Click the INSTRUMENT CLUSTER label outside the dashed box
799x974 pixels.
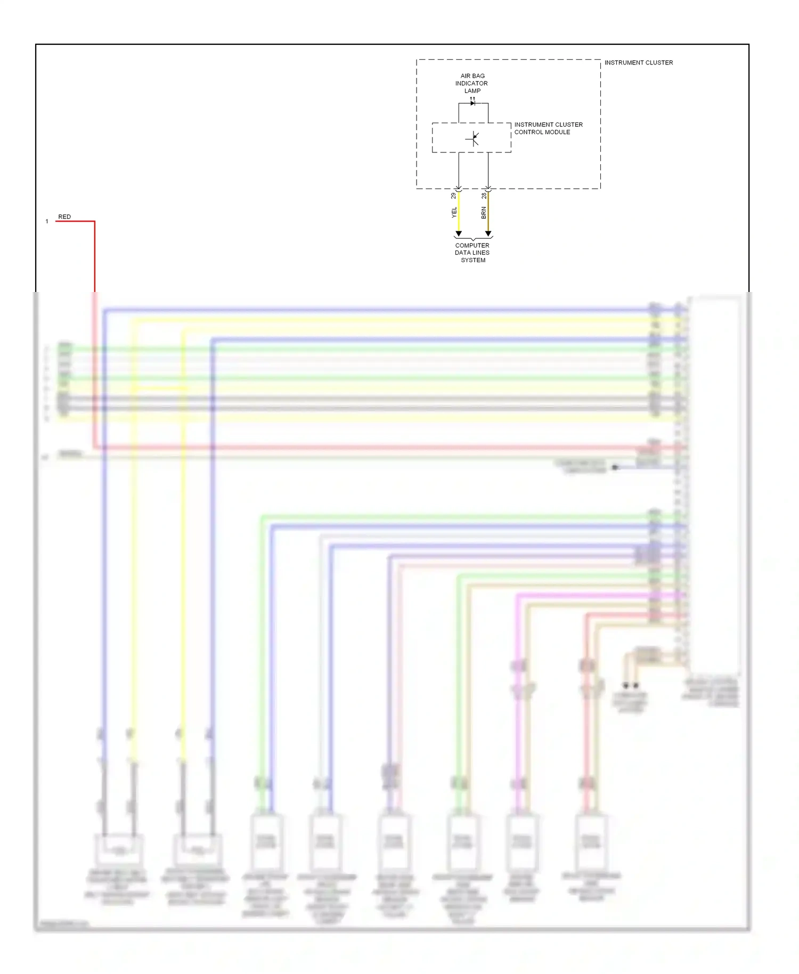point(638,63)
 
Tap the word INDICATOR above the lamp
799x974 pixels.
point(471,84)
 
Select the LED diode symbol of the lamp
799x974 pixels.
point(472,103)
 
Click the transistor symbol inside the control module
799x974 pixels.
point(473,139)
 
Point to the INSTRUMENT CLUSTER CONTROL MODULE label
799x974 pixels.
point(548,128)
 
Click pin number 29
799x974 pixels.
point(454,196)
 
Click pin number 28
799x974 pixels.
point(484,196)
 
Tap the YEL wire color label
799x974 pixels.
point(454,213)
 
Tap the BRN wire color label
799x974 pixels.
point(484,213)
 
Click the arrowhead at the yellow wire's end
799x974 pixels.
point(459,234)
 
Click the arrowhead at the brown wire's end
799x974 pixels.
point(488,234)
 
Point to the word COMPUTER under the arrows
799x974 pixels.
point(472,246)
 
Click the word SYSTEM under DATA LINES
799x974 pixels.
point(473,261)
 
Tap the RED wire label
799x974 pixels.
point(64,217)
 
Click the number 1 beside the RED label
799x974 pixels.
point(47,222)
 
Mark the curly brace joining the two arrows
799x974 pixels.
point(473,239)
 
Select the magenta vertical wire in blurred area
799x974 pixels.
point(517,719)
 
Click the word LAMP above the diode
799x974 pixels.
point(472,91)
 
